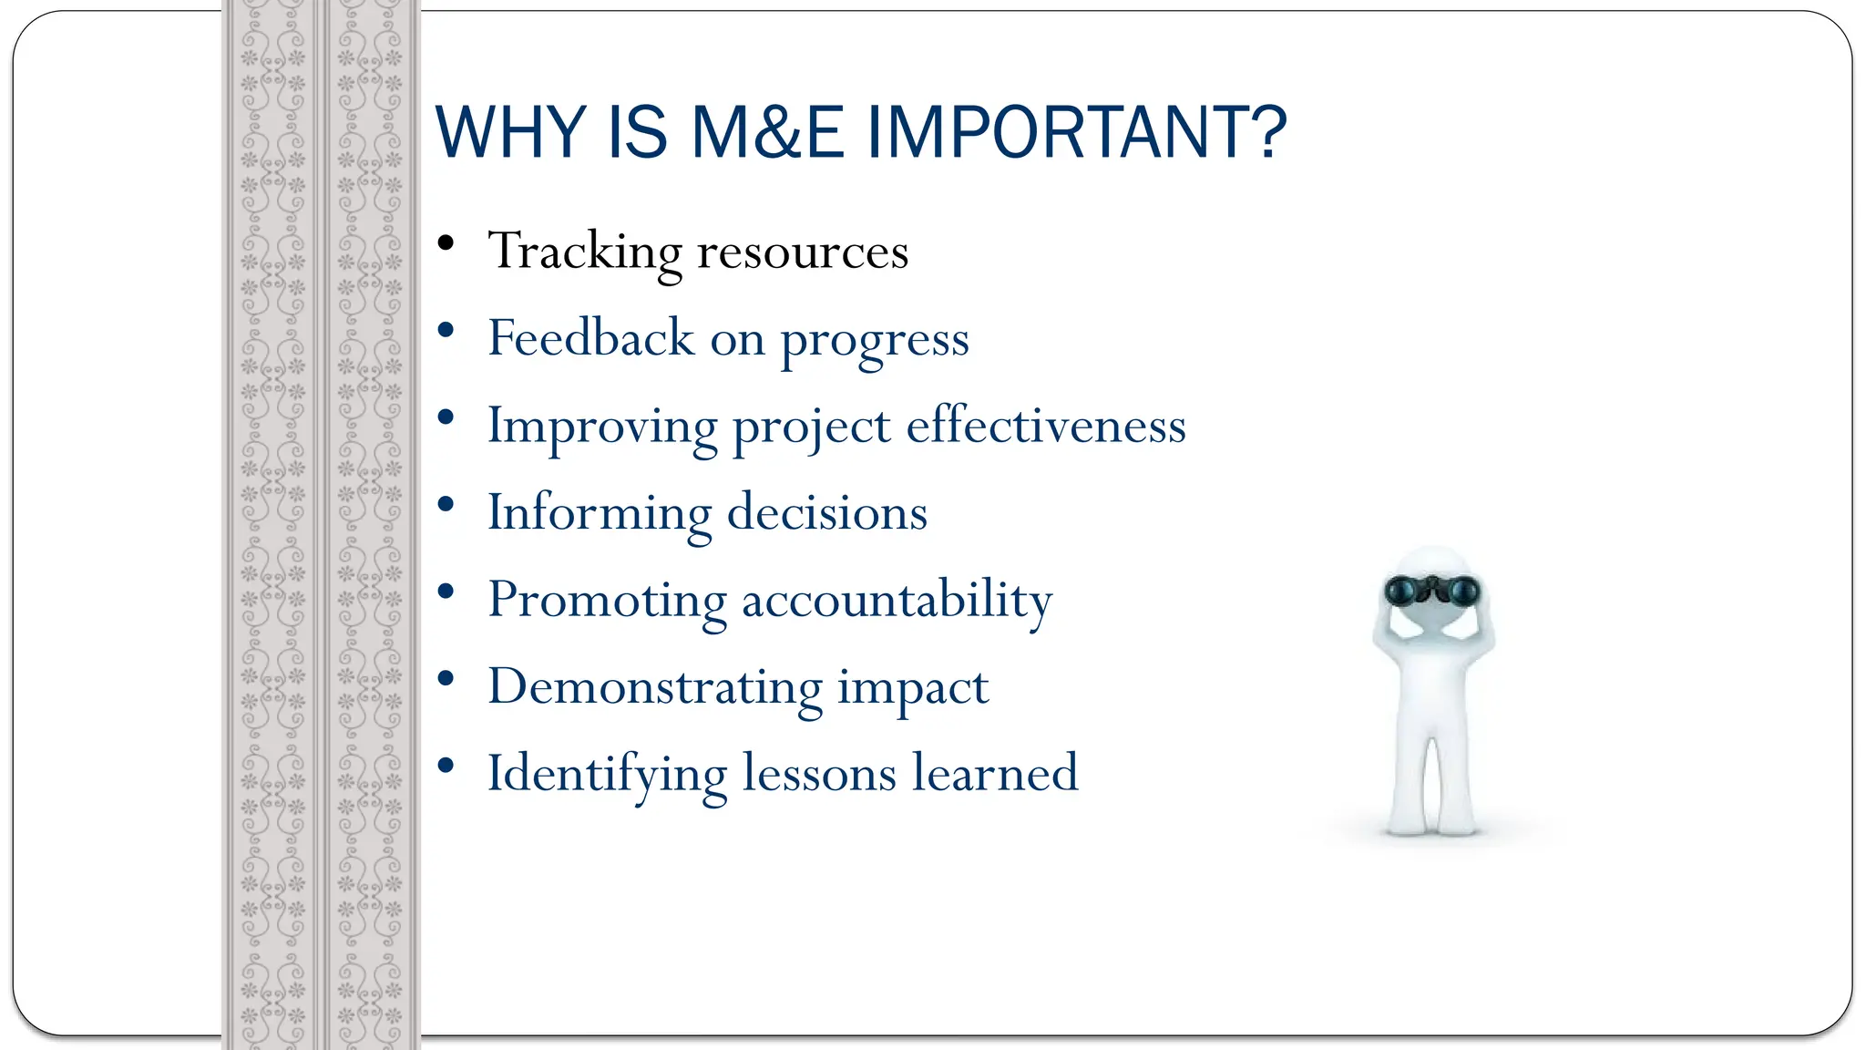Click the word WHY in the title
[510, 133]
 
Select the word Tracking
[584, 252]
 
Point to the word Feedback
[590, 338]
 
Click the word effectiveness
[1046, 426]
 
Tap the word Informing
[599, 514]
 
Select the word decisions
[827, 513]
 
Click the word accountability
[897, 602]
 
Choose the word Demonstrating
[655, 687]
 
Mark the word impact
[913, 689]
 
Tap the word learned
[995, 774]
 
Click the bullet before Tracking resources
[446, 243]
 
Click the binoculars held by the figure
[1432, 591]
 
